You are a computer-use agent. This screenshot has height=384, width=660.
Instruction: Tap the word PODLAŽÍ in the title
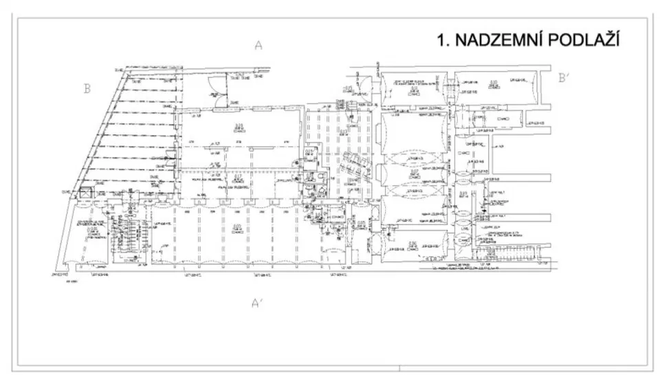584,41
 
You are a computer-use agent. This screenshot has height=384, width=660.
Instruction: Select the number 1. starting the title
444,41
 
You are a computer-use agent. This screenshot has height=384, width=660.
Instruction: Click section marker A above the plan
258,46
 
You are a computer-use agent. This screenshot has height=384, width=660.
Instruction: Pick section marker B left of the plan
87,88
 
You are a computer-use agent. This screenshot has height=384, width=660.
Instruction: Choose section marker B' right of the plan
564,78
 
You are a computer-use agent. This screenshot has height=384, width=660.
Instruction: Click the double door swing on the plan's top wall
215,96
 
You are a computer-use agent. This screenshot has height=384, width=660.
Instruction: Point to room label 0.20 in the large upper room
239,125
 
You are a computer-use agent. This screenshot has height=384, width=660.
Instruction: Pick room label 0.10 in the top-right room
493,84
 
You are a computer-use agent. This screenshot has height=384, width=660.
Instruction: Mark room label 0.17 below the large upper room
238,178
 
